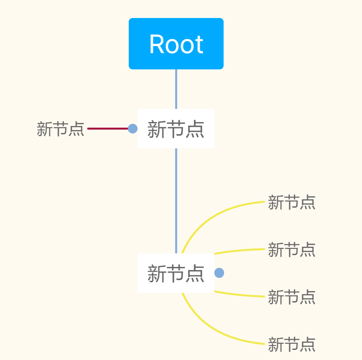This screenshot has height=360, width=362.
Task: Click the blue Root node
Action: tap(176, 44)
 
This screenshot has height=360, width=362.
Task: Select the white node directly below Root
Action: tap(176, 129)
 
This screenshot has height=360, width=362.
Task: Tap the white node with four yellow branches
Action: tap(176, 273)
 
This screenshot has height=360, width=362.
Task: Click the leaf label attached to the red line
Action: tap(60, 129)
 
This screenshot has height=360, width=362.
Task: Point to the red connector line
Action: tap(108, 129)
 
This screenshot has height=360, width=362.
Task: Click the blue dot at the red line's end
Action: tap(133, 129)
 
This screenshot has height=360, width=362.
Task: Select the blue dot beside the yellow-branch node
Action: tap(219, 273)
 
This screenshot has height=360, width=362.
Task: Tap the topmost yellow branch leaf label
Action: tap(291, 202)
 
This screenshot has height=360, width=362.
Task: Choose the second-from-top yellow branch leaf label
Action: tap(291, 250)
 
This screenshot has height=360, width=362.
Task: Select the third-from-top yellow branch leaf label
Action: tap(291, 297)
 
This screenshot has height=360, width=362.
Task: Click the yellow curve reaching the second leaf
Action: tap(239, 251)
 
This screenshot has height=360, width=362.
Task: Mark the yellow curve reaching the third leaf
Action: tap(239, 295)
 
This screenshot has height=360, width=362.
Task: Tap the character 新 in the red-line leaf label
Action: tap(44, 129)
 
